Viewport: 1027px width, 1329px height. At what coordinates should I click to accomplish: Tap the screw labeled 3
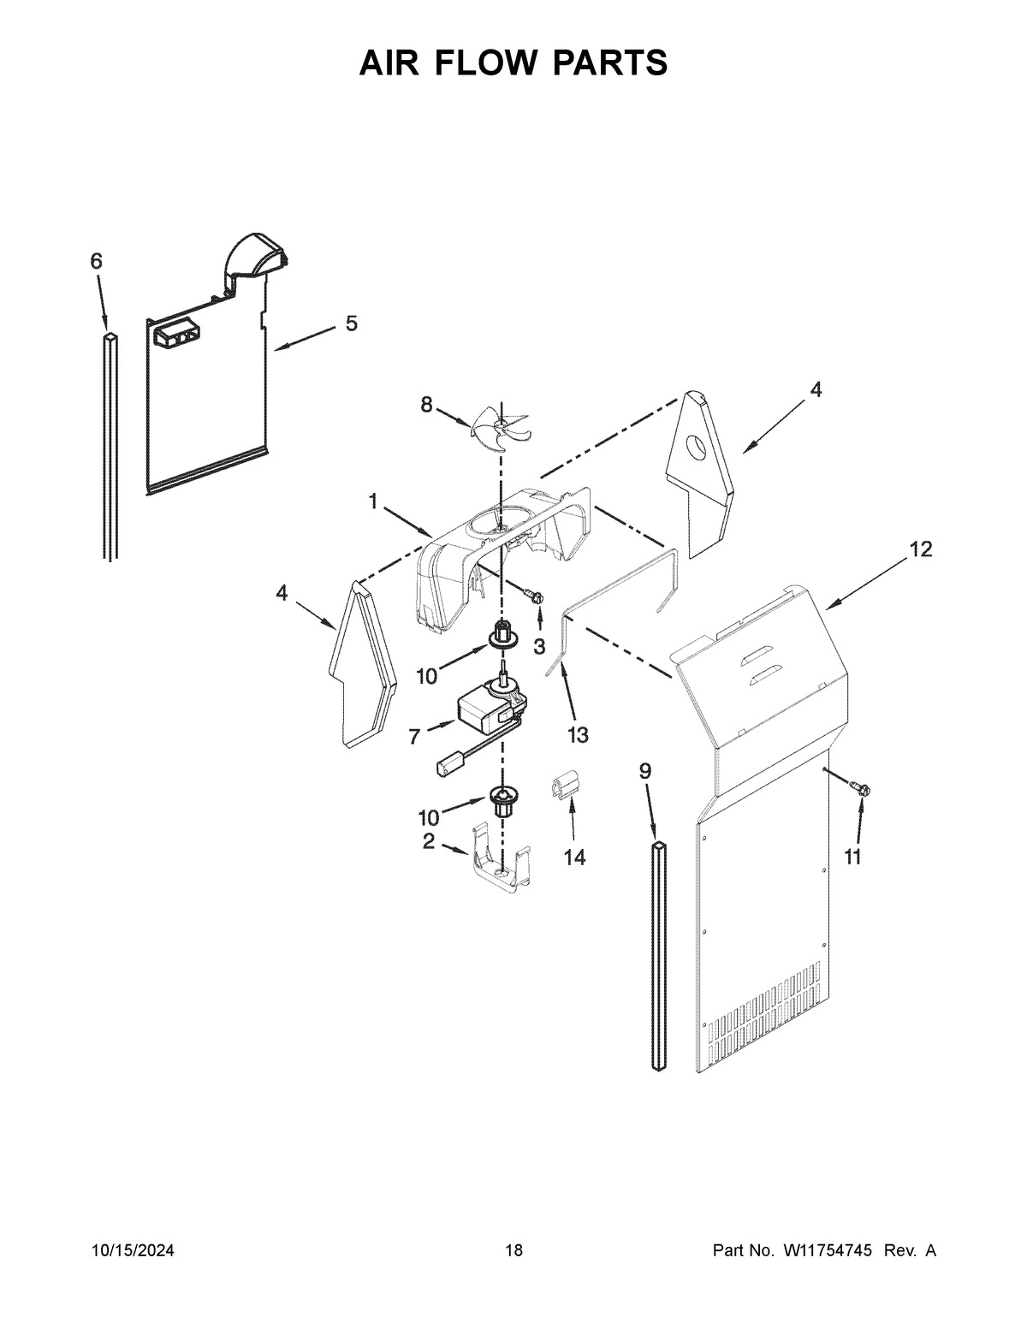[x=536, y=596]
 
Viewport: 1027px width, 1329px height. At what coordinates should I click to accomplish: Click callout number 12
[x=920, y=549]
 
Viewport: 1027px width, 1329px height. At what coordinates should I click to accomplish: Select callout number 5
[x=352, y=323]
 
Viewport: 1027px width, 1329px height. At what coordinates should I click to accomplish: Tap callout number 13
[x=578, y=734]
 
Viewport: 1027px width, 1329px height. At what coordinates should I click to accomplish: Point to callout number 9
[x=644, y=770]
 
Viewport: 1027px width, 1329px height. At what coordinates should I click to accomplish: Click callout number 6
[x=96, y=261]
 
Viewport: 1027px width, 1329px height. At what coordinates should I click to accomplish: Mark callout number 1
[x=373, y=502]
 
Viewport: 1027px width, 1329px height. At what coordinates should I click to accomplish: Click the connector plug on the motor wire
[x=449, y=762]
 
